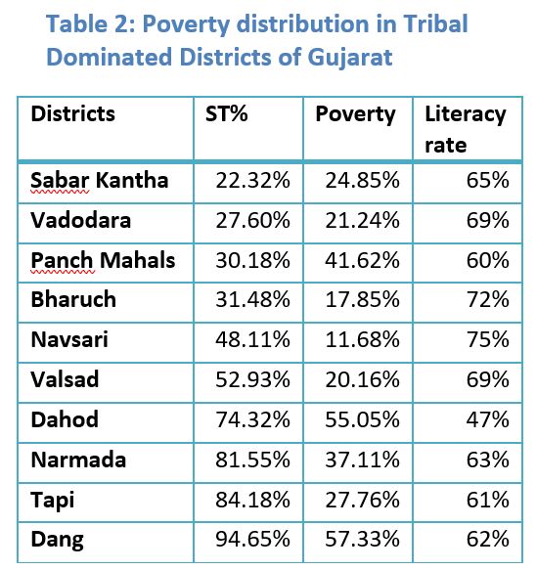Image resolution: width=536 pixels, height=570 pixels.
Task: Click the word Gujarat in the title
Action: pyautogui.click(x=350, y=58)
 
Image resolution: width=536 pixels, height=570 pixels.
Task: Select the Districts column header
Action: pyautogui.click(x=72, y=113)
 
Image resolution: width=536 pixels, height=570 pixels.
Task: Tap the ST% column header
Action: pyautogui.click(x=227, y=113)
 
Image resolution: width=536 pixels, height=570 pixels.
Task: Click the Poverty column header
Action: pyautogui.click(x=355, y=114)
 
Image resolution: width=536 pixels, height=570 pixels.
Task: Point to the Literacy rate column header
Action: pyautogui.click(x=466, y=130)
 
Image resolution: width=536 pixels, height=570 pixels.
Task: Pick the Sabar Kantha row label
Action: pyautogui.click(x=99, y=180)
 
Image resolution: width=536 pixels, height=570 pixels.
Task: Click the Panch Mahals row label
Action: pyautogui.click(x=103, y=260)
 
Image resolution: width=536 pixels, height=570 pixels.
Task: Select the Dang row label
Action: pyautogui.click(x=57, y=540)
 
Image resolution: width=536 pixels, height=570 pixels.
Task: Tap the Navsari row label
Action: pyautogui.click(x=69, y=339)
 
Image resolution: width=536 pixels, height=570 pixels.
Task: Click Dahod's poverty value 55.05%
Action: pyautogui.click(x=362, y=419)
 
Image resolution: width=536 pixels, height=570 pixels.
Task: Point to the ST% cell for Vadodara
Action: pyautogui.click(x=252, y=220)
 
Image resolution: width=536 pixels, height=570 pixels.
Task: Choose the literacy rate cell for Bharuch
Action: pyautogui.click(x=488, y=299)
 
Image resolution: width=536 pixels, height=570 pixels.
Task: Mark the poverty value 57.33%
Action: pyautogui.click(x=362, y=539)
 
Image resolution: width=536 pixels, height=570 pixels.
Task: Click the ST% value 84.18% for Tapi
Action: pyautogui.click(x=252, y=500)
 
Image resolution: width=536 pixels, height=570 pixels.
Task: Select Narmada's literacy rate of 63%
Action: pyautogui.click(x=488, y=460)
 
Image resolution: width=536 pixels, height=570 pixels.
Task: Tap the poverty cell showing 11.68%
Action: pyautogui.click(x=362, y=339)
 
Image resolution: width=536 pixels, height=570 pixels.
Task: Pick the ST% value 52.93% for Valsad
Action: pyautogui.click(x=252, y=379)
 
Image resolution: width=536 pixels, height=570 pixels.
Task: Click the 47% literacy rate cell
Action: pyautogui.click(x=488, y=419)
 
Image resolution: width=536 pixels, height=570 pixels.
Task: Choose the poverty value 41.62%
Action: pyautogui.click(x=362, y=260)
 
